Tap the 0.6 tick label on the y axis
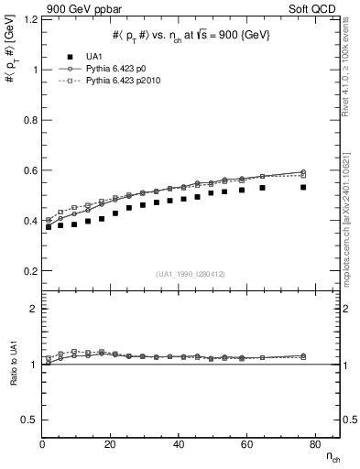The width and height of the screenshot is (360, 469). click(x=30, y=170)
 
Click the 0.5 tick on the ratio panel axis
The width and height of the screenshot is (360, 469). click(x=30, y=420)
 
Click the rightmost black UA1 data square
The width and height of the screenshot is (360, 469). click(x=303, y=188)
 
